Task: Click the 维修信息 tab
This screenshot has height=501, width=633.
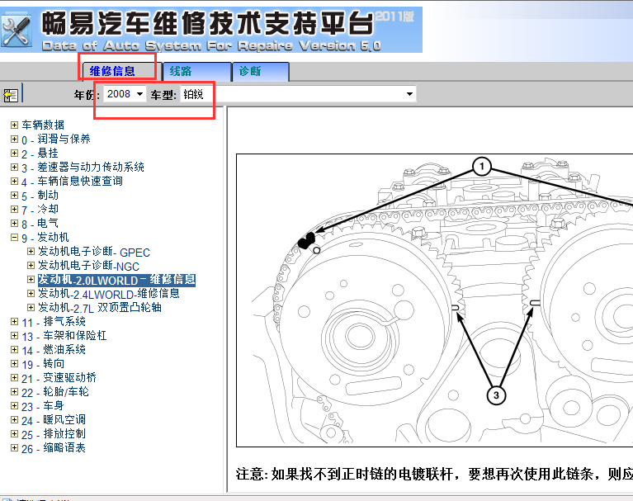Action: click(112, 72)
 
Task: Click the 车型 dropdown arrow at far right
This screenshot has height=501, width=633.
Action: click(410, 95)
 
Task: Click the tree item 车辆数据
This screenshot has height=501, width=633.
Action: click(43, 125)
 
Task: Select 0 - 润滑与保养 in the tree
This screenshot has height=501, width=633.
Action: click(56, 139)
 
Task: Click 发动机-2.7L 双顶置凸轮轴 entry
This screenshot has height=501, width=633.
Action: click(100, 308)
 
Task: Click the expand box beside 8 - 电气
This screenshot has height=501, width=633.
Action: click(14, 224)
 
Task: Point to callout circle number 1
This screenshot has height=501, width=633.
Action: click(482, 168)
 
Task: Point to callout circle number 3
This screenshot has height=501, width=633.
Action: click(496, 396)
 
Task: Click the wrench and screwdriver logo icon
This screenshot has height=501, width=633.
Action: click(18, 31)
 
